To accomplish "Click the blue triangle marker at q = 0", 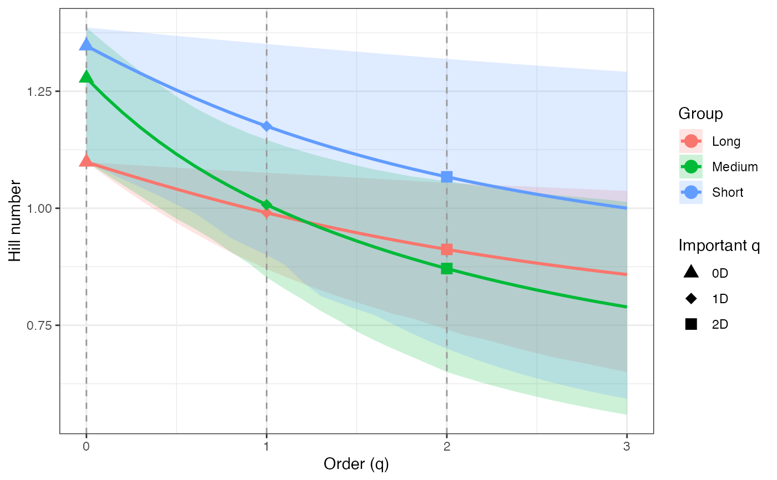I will [x=86, y=44].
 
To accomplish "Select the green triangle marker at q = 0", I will [x=86, y=77].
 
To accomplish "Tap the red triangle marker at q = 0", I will [x=86, y=161].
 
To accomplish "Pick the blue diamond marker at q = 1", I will [x=266, y=126].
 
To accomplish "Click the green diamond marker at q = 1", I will [x=266, y=205].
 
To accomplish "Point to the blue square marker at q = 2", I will [x=447, y=177].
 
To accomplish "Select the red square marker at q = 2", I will [x=447, y=249].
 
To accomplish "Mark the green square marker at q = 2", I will [x=447, y=269].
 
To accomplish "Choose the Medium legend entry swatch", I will [x=691, y=166].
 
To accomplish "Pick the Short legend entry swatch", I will [x=691, y=192].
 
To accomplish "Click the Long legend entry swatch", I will [x=691, y=141].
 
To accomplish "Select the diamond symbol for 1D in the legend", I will [x=691, y=299].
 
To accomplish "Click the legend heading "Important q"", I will [x=719, y=246].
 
